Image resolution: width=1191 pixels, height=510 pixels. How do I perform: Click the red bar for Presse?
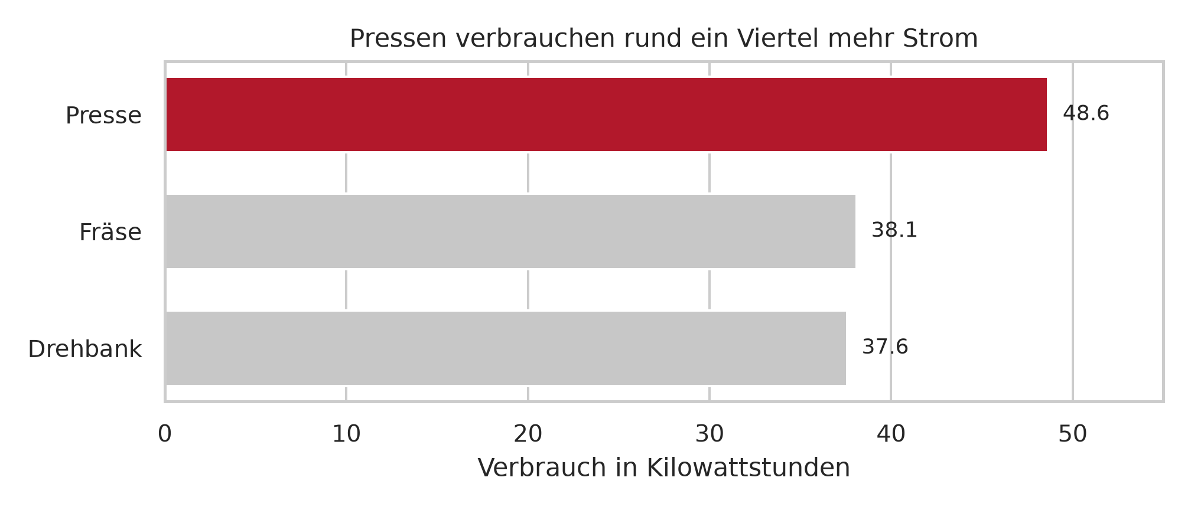pyautogui.click(x=606, y=115)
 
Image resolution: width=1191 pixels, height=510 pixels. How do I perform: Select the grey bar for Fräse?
pyautogui.click(x=510, y=231)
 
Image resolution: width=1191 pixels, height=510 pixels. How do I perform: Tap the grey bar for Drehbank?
pyautogui.click(x=506, y=348)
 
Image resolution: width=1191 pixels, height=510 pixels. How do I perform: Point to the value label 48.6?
pyautogui.click(x=1086, y=113)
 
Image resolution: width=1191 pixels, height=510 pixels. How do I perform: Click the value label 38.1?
pyautogui.click(x=894, y=230)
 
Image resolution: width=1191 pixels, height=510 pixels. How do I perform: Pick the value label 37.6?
pyautogui.click(x=885, y=347)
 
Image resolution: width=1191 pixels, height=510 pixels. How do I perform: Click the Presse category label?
pyautogui.click(x=103, y=116)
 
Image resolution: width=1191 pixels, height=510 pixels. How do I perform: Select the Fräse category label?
pyautogui.click(x=110, y=233)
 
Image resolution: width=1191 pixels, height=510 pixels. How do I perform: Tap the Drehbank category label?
pyautogui.click(x=85, y=349)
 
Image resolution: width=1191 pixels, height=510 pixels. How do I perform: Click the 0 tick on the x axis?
pyautogui.click(x=165, y=434)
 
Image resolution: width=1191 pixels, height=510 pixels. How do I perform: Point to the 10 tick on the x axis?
pyautogui.click(x=346, y=434)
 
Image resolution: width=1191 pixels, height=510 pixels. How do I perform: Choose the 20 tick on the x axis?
pyautogui.click(x=528, y=434)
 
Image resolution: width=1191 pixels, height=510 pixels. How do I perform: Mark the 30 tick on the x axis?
pyautogui.click(x=710, y=434)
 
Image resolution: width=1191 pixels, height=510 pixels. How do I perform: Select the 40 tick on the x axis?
pyautogui.click(x=891, y=434)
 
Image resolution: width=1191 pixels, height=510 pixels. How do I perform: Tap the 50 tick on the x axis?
pyautogui.click(x=1073, y=434)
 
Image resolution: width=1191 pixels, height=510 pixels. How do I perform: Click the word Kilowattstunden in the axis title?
pyautogui.click(x=749, y=468)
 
